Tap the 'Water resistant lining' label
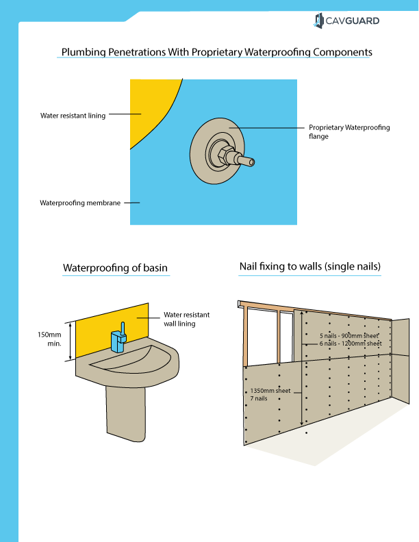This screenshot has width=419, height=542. pyautogui.click(x=73, y=116)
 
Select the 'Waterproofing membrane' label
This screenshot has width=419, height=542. pyautogui.click(x=80, y=203)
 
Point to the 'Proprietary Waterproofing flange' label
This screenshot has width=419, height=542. pyautogui.click(x=349, y=131)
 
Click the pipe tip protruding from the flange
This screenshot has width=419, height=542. pyautogui.click(x=251, y=162)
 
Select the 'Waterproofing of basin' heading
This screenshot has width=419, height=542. pyautogui.click(x=115, y=268)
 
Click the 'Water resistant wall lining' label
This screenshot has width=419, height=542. pyautogui.click(x=186, y=319)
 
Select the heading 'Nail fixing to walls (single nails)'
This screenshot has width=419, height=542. pyautogui.click(x=309, y=266)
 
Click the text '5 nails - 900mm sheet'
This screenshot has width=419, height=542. pyautogui.click(x=349, y=336)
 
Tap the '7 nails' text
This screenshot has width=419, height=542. pyautogui.click(x=259, y=398)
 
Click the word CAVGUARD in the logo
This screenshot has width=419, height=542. pyautogui.click(x=355, y=21)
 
